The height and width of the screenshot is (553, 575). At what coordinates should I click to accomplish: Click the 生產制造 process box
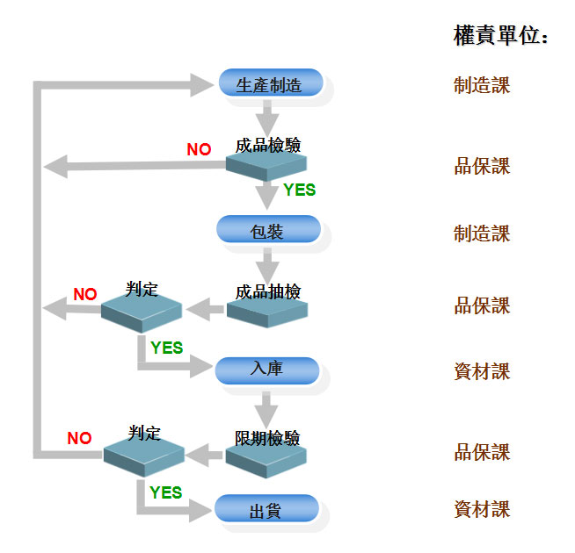point(270,84)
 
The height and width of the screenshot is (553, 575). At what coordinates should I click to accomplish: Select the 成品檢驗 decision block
point(267,158)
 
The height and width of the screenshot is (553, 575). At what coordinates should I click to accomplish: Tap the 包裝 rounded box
point(268,231)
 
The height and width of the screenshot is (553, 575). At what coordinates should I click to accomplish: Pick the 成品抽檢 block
point(267,305)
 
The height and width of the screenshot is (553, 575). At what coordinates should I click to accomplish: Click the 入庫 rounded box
point(266,370)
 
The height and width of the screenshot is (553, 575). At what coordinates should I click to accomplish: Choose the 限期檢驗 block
point(267,451)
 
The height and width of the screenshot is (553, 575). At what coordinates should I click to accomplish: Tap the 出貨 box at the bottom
point(266,509)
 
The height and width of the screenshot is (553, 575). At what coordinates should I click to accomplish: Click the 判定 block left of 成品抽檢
point(142,305)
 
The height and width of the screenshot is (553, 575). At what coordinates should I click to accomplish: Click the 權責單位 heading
point(501,36)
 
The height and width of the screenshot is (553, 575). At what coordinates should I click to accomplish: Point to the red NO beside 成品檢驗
point(199,149)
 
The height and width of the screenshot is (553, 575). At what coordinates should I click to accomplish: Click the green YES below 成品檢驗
point(299,190)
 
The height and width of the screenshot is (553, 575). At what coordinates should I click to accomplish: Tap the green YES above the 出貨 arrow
point(165,492)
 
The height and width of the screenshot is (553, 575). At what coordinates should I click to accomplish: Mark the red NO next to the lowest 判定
point(79,438)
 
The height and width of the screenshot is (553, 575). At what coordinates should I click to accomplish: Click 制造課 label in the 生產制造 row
point(482,85)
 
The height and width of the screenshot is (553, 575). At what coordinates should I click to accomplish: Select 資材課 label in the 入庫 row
point(482,371)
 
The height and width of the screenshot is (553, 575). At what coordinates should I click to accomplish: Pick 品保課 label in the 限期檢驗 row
point(482,453)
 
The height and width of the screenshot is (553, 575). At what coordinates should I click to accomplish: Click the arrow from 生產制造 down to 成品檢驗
point(266,117)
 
